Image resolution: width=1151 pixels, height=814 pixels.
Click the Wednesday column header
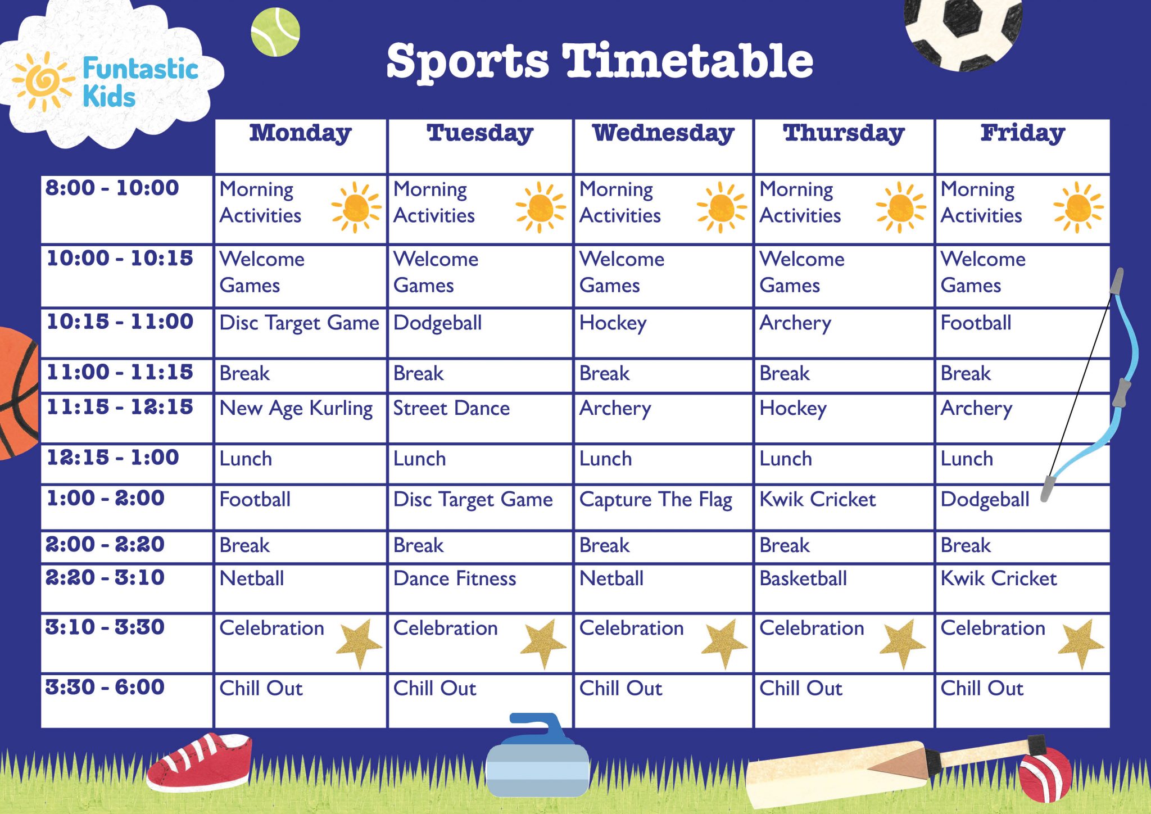[663, 134]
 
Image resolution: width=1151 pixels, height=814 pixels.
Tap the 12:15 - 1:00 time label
[112, 458]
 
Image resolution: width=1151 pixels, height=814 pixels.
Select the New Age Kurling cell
[296, 409]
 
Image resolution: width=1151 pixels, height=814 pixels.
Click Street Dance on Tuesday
[451, 409]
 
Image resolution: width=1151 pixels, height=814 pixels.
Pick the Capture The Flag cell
[655, 500]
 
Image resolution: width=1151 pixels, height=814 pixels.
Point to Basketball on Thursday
[803, 579]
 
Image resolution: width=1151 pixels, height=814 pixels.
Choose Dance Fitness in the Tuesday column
[455, 579]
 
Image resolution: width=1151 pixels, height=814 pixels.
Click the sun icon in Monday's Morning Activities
[356, 207]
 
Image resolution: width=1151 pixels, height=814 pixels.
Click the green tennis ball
[275, 31]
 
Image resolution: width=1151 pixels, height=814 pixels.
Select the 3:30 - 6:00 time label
[105, 688]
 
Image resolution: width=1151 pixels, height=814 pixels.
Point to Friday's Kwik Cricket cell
[999, 579]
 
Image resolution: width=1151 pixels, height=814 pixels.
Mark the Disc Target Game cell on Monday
[299, 324]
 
